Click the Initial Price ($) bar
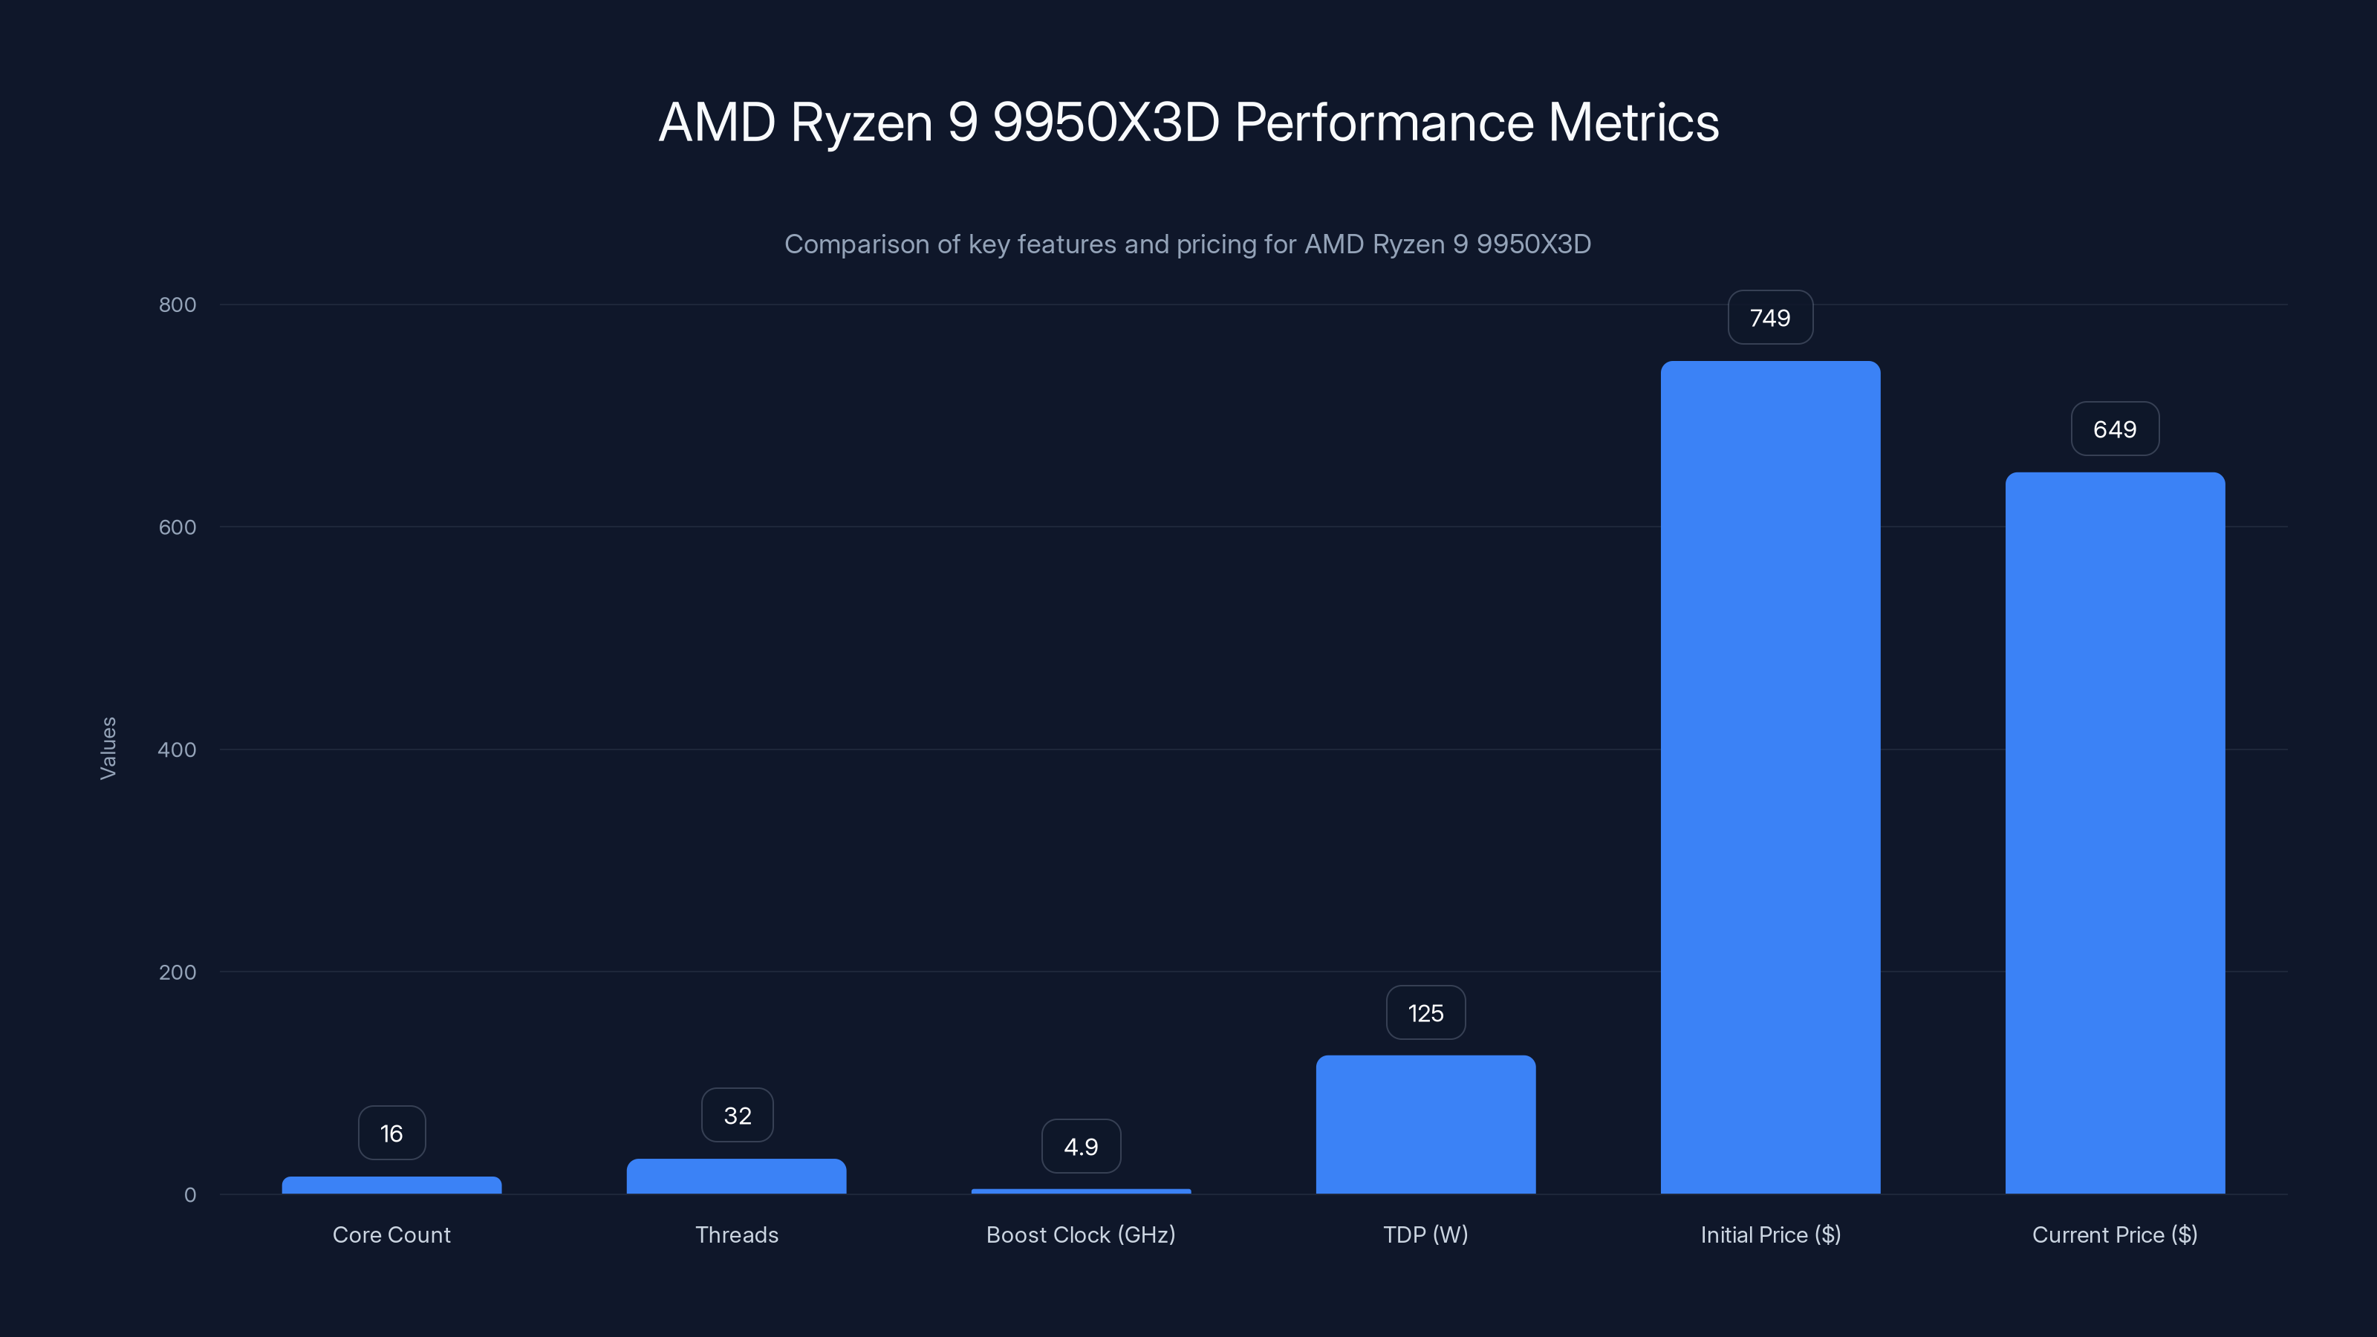point(1770,777)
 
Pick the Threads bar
point(736,1177)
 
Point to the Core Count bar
point(391,1185)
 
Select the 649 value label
point(2115,429)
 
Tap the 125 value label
point(1425,1013)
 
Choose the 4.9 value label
point(1081,1147)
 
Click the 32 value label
point(736,1116)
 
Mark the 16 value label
point(391,1133)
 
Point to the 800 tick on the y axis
point(178,305)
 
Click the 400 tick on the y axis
point(178,749)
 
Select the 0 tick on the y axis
point(190,1195)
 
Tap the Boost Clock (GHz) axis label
point(1081,1234)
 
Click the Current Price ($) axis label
point(2115,1234)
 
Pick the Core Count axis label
point(391,1234)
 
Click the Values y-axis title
point(108,748)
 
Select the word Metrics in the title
point(1633,123)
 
